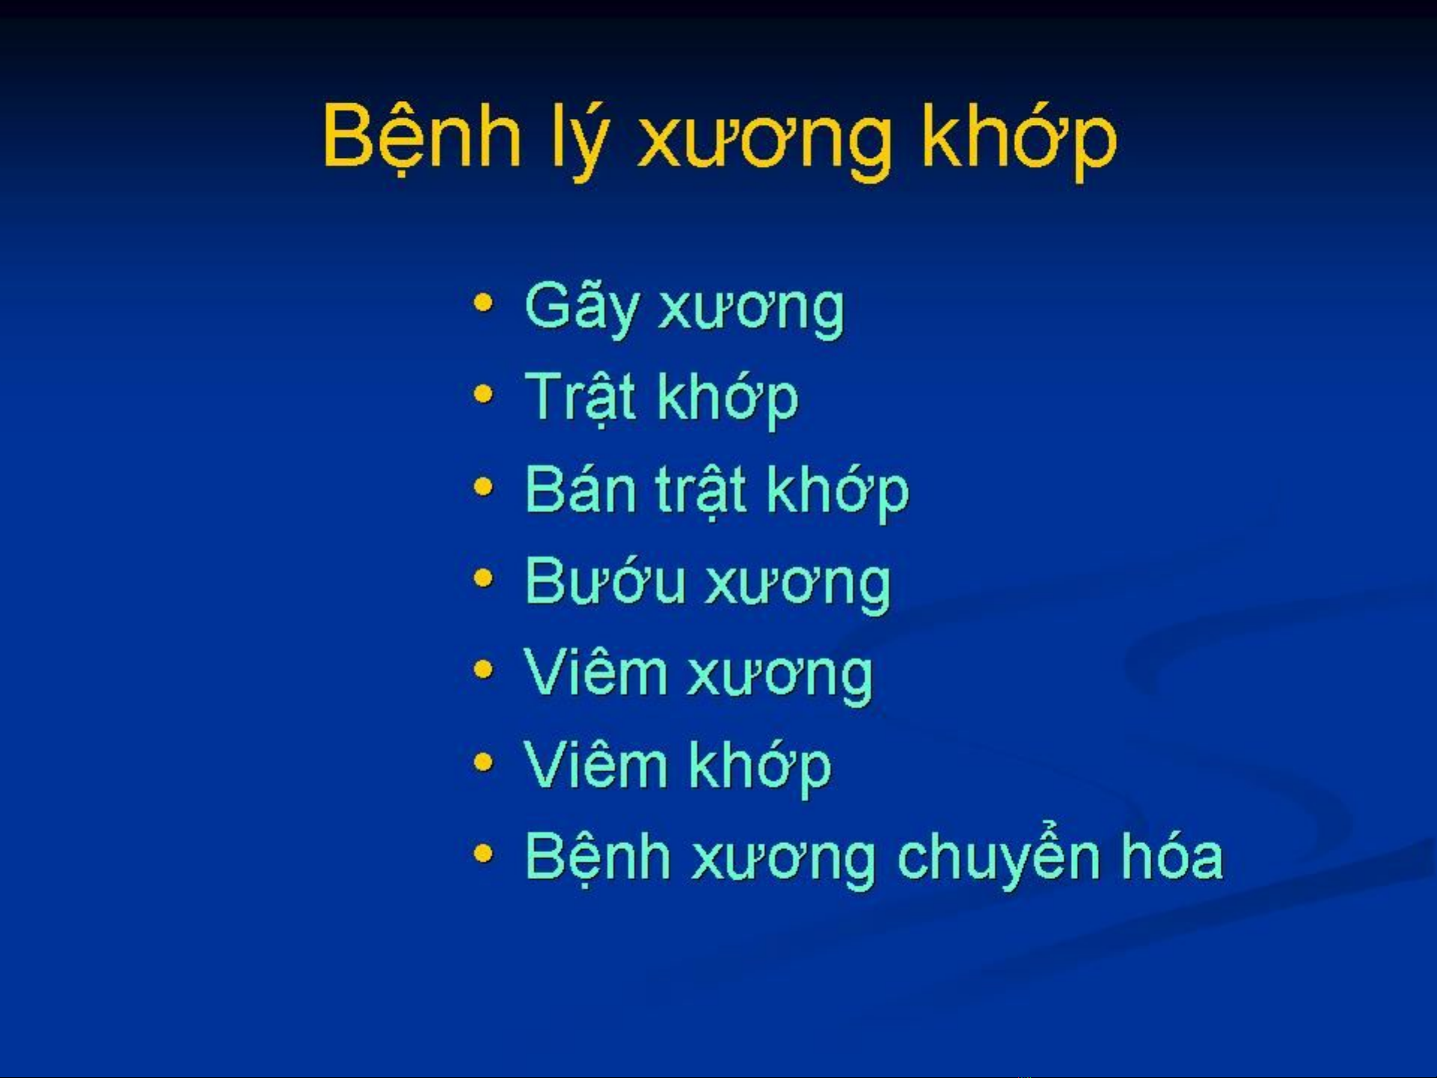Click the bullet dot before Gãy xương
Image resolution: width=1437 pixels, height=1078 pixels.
pyautogui.click(x=484, y=303)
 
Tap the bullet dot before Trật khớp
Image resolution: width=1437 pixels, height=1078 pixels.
pyautogui.click(x=484, y=394)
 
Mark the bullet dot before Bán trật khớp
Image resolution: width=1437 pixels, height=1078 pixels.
pyautogui.click(x=484, y=487)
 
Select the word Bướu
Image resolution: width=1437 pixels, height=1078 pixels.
pyautogui.click(x=605, y=581)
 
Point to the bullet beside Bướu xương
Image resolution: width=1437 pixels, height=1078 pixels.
pyautogui.click(x=484, y=578)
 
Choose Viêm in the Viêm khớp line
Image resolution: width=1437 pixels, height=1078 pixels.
pyautogui.click(x=595, y=764)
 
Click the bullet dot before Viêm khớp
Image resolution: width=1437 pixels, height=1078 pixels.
pyautogui.click(x=484, y=763)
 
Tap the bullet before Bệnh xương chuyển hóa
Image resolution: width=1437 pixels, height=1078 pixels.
pyautogui.click(x=484, y=854)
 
